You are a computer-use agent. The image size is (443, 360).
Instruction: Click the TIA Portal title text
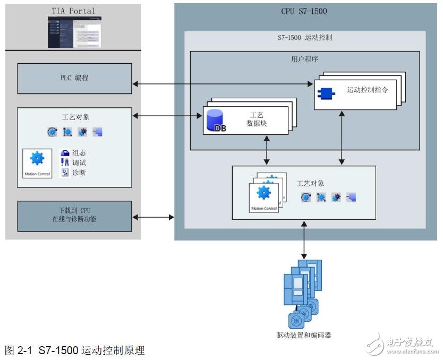coord(73,10)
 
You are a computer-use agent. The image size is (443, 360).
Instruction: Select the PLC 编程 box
coord(74,78)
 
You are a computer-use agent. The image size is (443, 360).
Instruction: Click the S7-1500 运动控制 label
coord(305,38)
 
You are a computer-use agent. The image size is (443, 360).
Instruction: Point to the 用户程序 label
coord(304,59)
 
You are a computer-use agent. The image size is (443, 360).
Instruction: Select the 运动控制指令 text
coord(367,90)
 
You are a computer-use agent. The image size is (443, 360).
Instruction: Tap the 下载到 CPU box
coord(74,216)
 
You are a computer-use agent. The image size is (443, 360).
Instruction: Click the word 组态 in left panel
coord(79,152)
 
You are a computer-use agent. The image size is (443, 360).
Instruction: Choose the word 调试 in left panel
coord(79,162)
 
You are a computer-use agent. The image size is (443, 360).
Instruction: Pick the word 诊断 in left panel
coord(79,173)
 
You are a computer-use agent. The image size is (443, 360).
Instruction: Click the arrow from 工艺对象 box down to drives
coord(304,239)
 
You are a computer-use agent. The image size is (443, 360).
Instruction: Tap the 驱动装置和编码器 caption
coord(304,335)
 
